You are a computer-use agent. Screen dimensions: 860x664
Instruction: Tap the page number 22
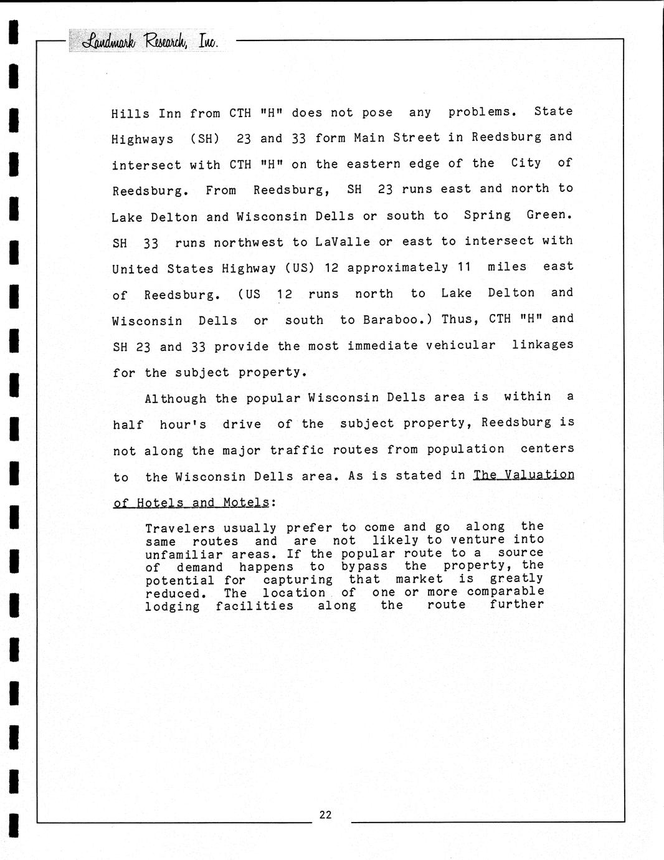coord(325,815)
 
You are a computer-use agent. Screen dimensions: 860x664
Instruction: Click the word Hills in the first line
coord(130,113)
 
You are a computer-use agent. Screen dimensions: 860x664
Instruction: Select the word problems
coord(482,112)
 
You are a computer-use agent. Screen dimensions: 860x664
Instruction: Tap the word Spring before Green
coord(487,215)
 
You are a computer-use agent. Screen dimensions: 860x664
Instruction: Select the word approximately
coord(397,268)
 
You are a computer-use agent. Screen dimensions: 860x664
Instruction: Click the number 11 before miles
coord(463,267)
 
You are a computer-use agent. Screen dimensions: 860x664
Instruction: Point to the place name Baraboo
coord(394,320)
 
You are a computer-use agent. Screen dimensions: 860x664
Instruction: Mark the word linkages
coord(542,345)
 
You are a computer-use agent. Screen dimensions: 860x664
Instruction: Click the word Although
coord(176,399)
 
